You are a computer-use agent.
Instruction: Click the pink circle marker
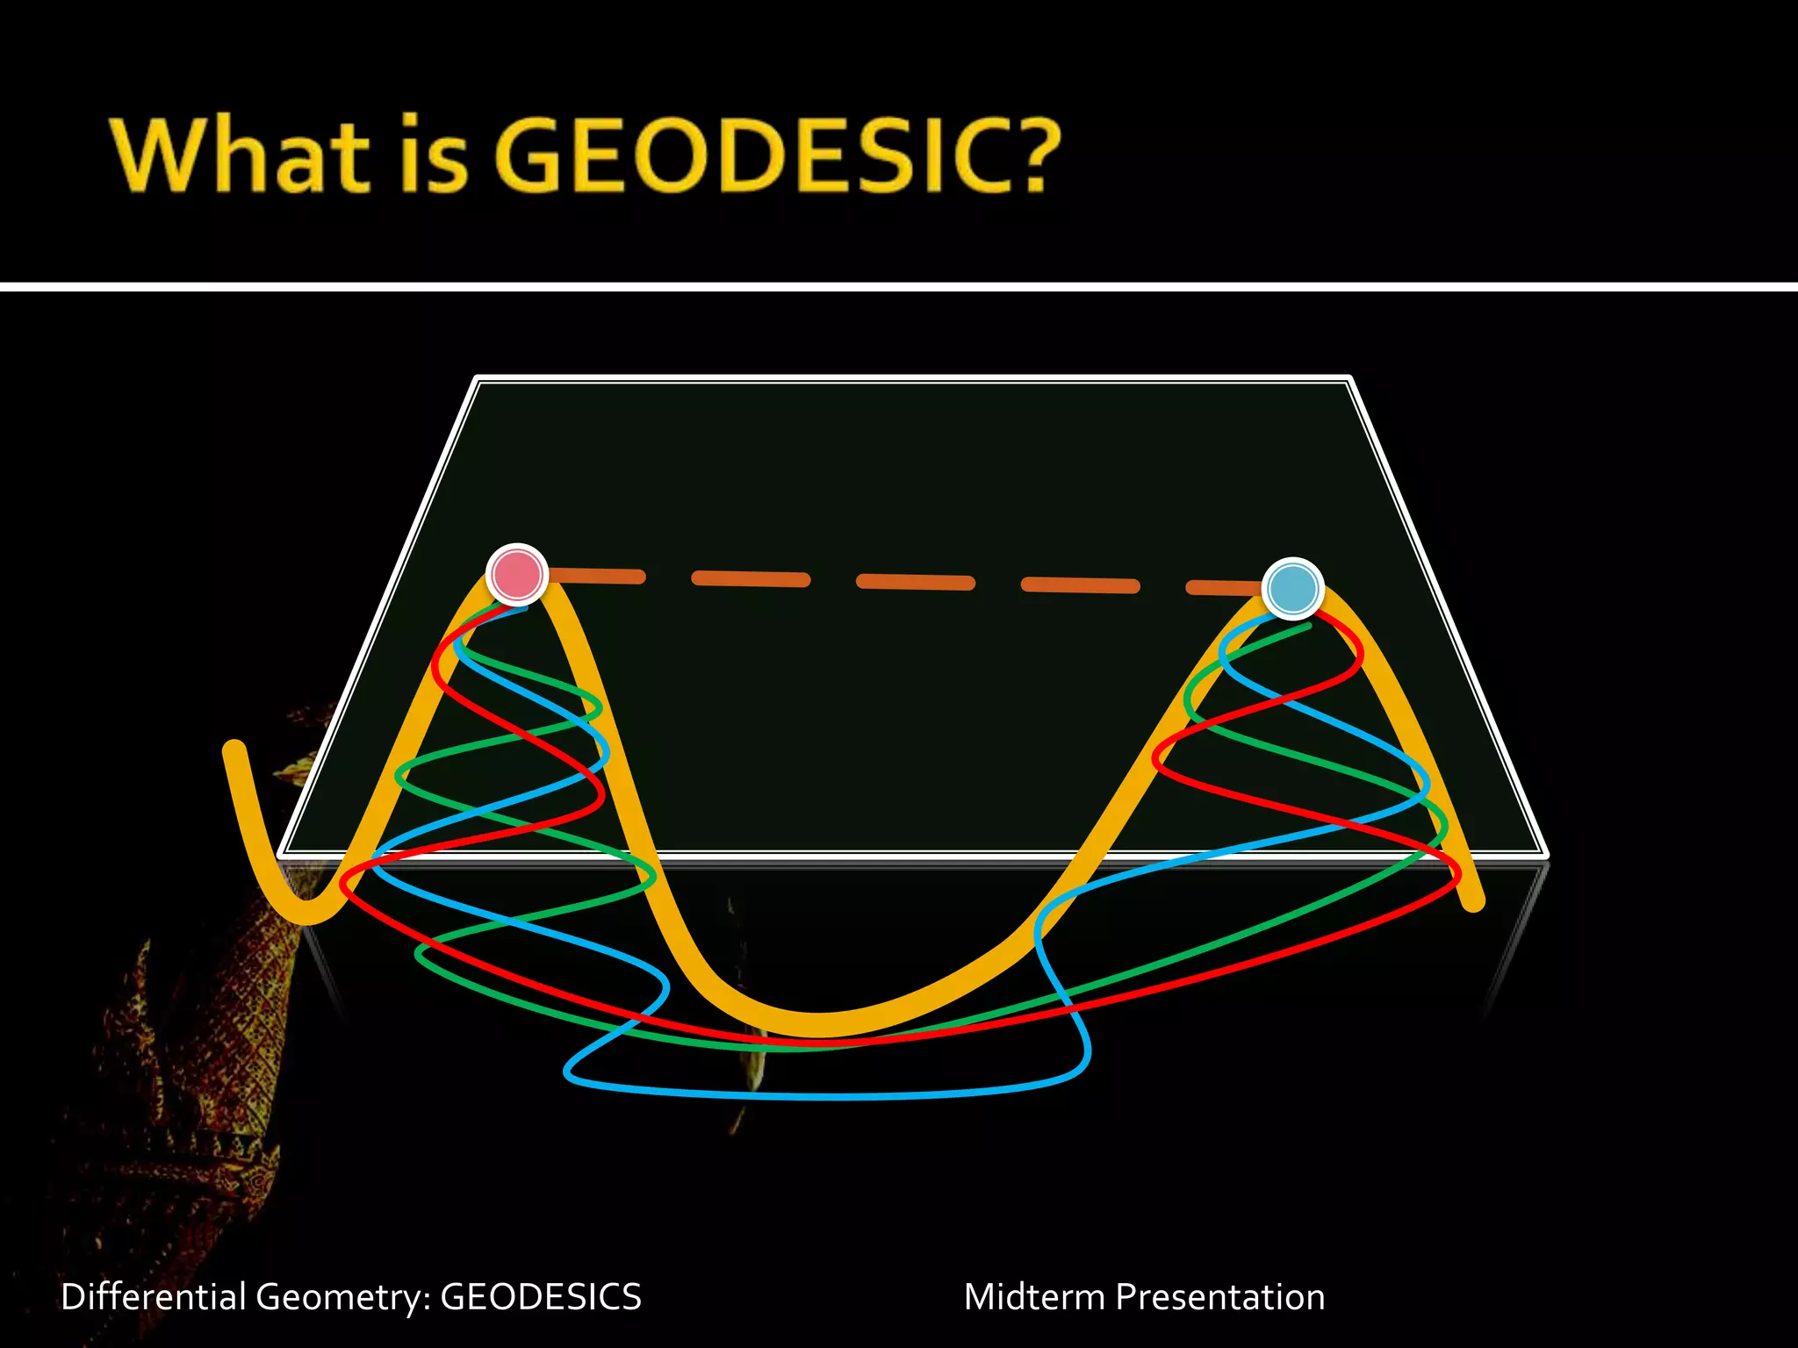(517, 574)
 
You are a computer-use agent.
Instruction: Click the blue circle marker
(1292, 588)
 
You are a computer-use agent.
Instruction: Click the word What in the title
(239, 155)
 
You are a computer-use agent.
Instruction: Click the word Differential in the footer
(153, 1297)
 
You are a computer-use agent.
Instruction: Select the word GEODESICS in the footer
(541, 1297)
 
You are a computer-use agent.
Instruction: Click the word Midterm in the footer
(1034, 1297)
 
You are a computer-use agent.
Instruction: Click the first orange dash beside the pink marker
(597, 576)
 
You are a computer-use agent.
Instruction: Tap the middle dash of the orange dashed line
(915, 582)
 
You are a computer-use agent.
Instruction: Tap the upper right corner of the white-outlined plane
(1348, 379)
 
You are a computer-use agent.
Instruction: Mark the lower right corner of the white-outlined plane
(1544, 854)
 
